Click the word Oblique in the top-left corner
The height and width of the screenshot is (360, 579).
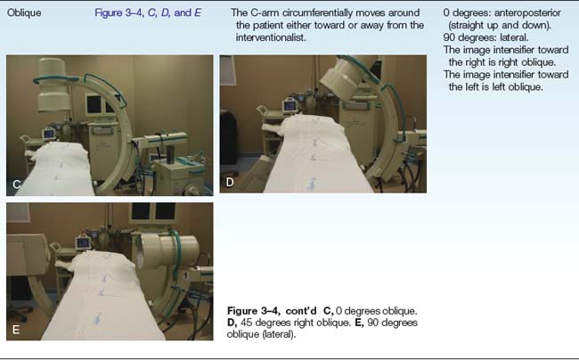coord(24,13)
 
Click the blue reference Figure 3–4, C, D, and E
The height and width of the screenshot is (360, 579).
coord(148,13)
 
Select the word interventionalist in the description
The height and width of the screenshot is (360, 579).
coord(270,37)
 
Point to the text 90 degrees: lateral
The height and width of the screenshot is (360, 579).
coord(485,37)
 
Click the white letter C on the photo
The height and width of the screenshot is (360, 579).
coord(17,184)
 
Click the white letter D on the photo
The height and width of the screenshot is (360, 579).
coord(230,182)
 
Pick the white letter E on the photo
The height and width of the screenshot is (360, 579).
coord(16,330)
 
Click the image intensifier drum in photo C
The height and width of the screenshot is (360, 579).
coord(54,86)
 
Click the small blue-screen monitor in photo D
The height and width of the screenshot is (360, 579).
coord(289,106)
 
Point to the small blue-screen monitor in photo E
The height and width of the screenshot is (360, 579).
coord(83,242)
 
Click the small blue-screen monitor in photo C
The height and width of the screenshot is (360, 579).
coord(49,133)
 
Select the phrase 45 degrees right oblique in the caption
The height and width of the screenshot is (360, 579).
coord(295,323)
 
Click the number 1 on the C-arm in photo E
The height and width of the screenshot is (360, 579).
coord(186,275)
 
